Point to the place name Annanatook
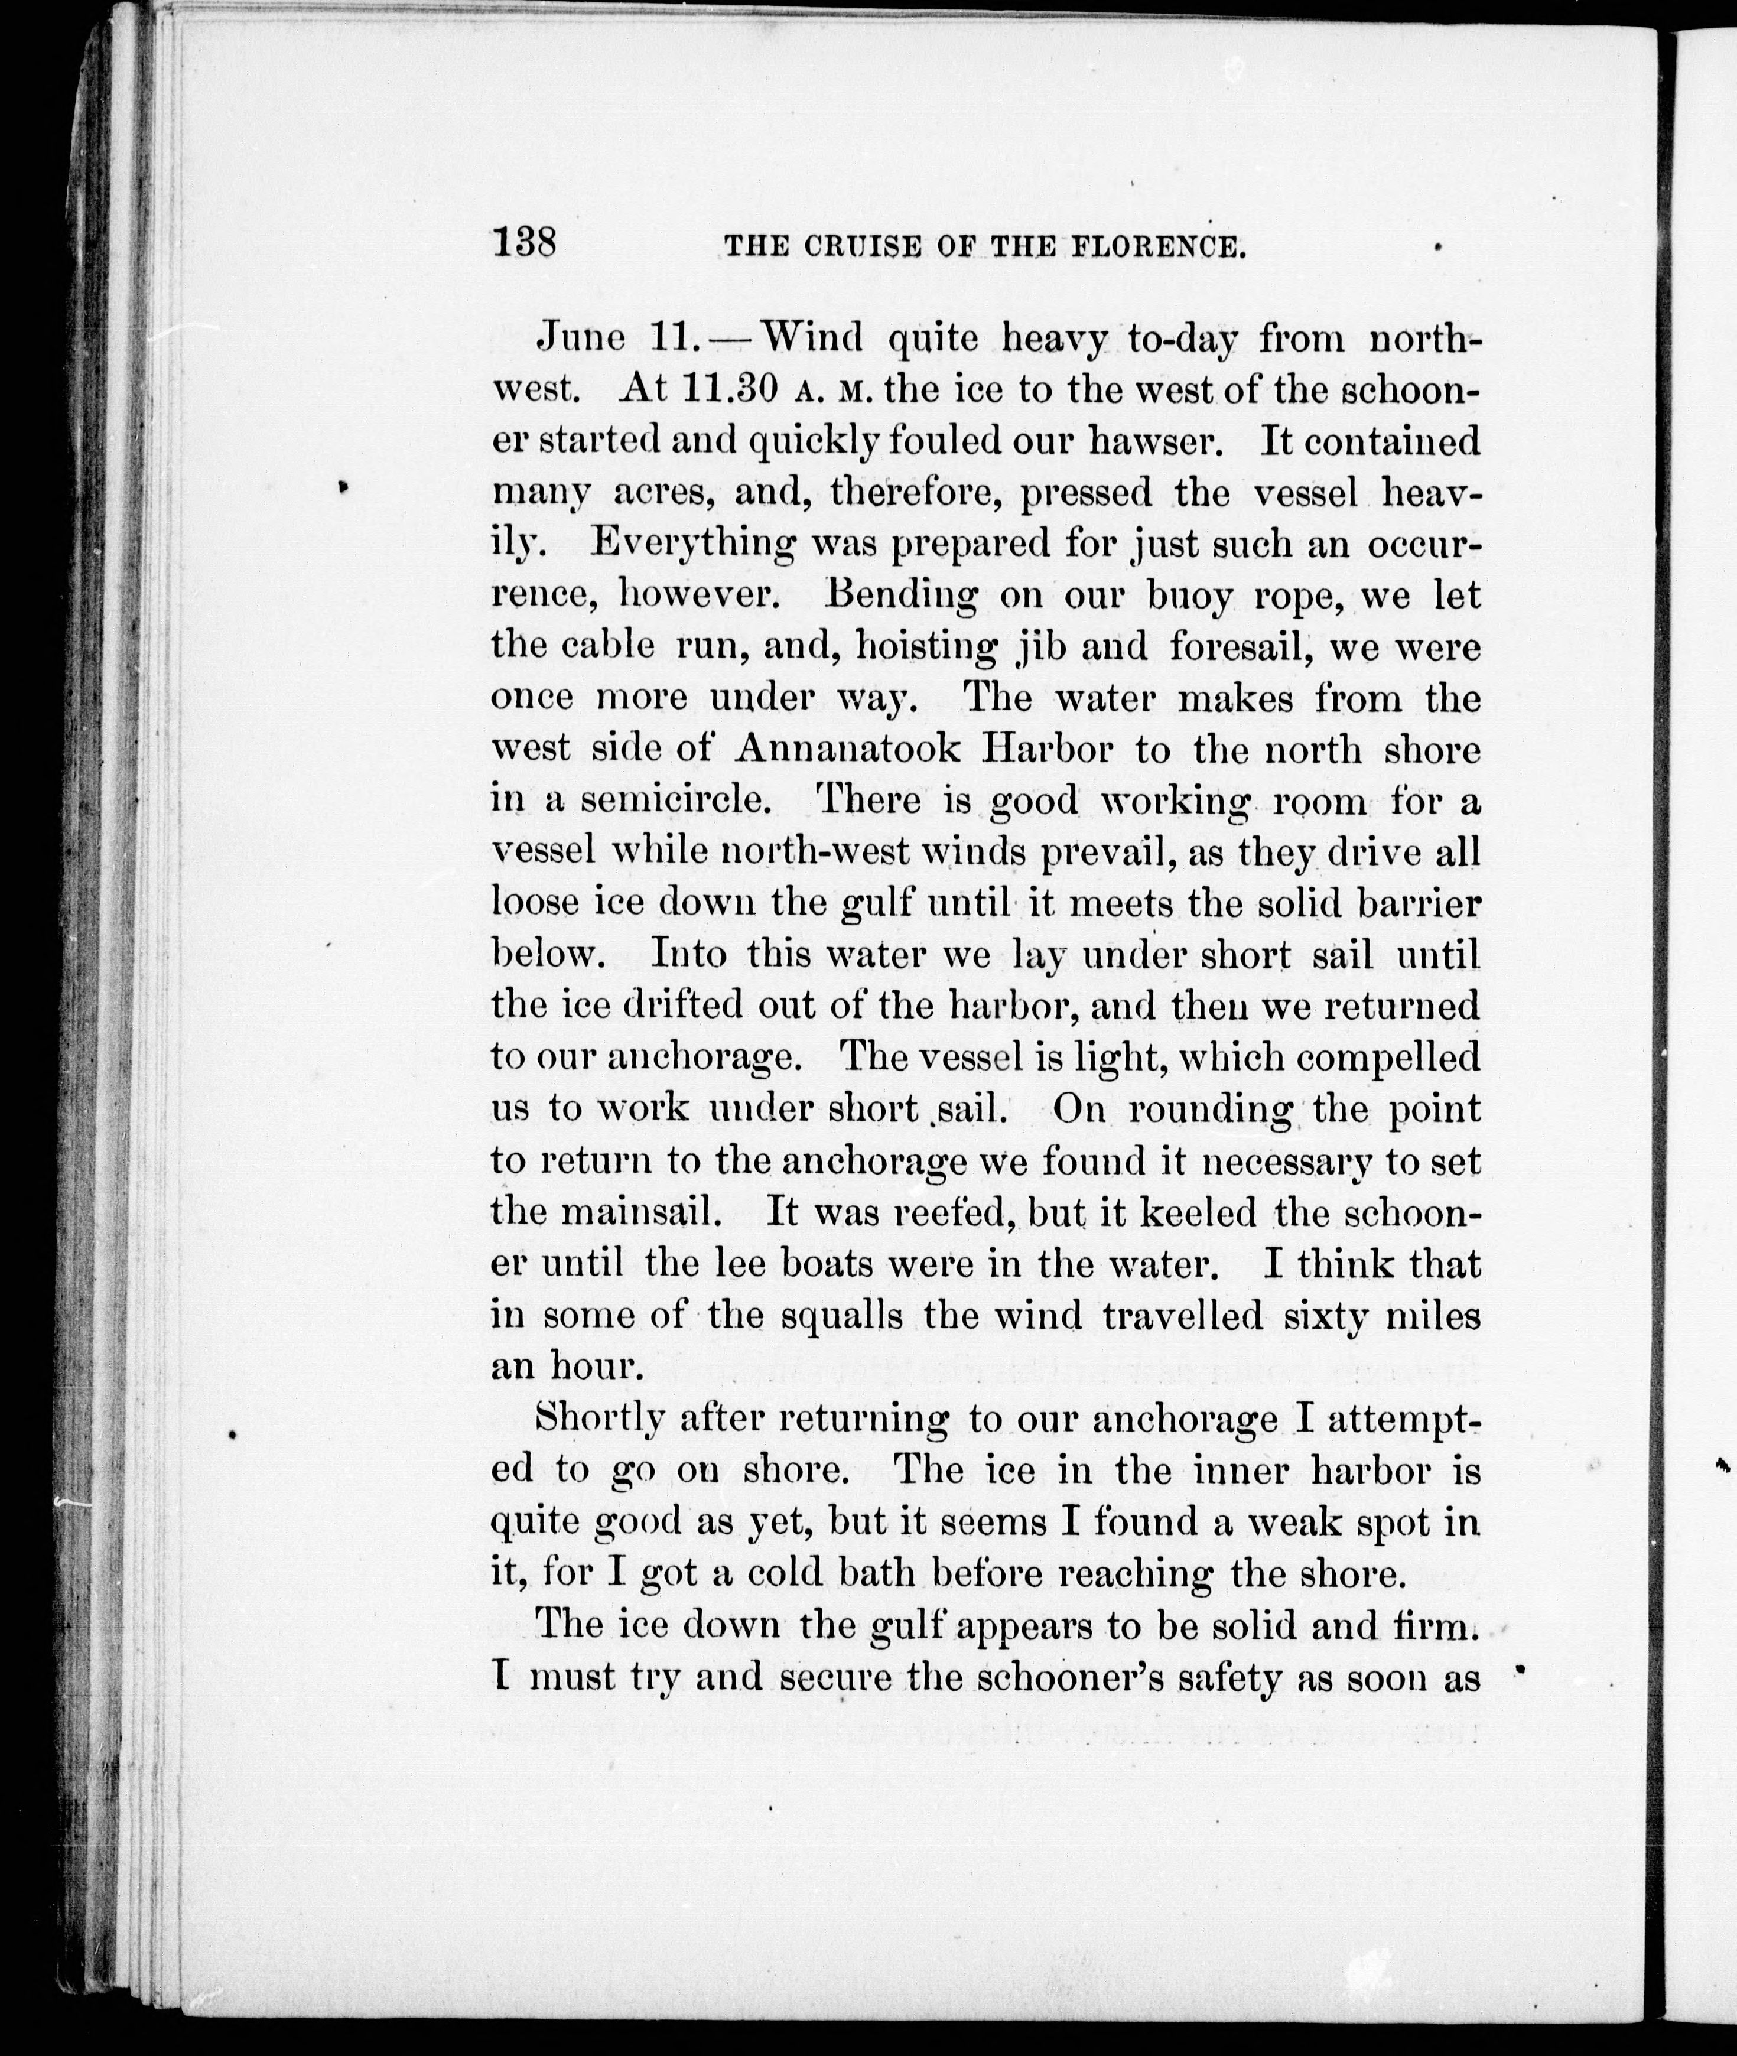point(847,749)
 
